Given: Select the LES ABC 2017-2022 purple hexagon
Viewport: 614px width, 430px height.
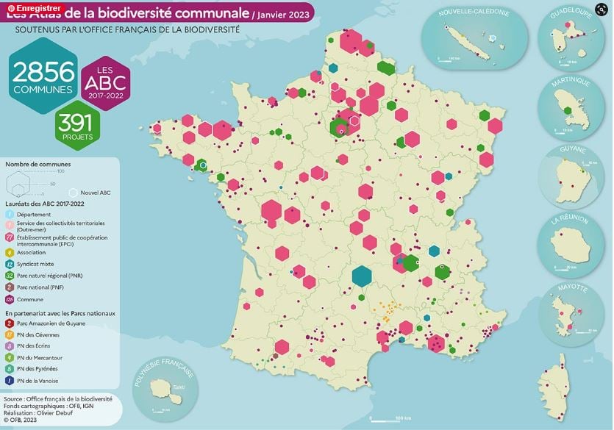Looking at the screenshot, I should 105,82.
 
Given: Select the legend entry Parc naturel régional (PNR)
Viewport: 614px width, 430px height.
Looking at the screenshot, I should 51,276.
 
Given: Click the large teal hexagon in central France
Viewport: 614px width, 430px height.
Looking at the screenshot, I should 361,275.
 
